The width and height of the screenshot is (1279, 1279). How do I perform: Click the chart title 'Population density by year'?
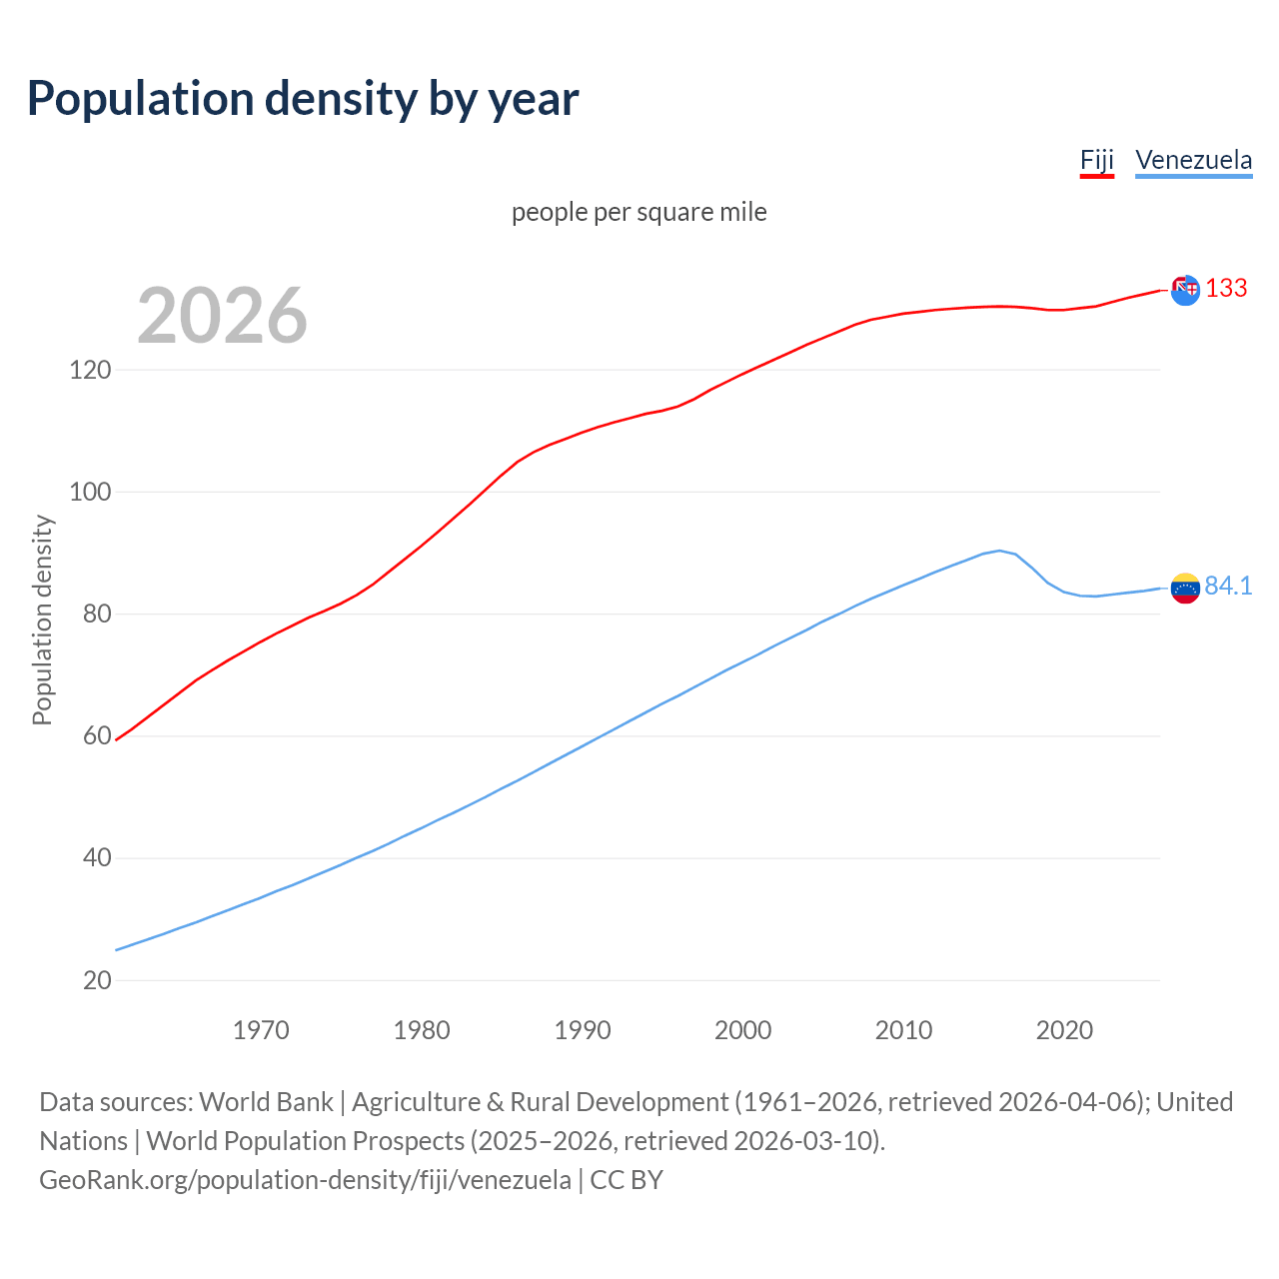pyautogui.click(x=303, y=99)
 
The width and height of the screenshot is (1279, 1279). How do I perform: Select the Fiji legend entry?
pyautogui.click(x=1096, y=161)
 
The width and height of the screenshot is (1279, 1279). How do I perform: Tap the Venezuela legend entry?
pyautogui.click(x=1193, y=161)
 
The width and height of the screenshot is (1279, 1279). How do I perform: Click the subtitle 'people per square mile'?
pyautogui.click(x=639, y=213)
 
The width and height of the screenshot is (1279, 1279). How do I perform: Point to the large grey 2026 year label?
pyautogui.click(x=222, y=316)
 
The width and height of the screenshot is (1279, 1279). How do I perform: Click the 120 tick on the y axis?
pyautogui.click(x=90, y=371)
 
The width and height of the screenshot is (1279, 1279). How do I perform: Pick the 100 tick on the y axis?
pyautogui.click(x=90, y=493)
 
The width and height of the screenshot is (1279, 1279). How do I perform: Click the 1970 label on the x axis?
pyautogui.click(x=261, y=1030)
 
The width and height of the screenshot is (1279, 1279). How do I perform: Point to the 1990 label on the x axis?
pyautogui.click(x=583, y=1030)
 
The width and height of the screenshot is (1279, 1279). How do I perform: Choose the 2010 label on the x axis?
pyautogui.click(x=903, y=1030)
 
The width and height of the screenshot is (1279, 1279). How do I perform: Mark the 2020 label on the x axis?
pyautogui.click(x=1064, y=1030)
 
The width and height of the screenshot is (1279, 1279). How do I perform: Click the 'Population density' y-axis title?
pyautogui.click(x=42, y=620)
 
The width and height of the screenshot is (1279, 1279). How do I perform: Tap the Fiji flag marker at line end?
pyautogui.click(x=1185, y=291)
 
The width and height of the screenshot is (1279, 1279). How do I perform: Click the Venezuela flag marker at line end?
pyautogui.click(x=1185, y=588)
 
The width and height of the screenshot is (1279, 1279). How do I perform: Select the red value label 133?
pyautogui.click(x=1226, y=289)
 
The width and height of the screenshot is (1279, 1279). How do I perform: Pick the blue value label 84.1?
pyautogui.click(x=1228, y=587)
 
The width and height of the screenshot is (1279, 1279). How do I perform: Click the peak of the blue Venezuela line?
pyautogui.click(x=999, y=551)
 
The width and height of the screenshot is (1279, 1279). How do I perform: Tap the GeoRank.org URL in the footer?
pyautogui.click(x=305, y=1180)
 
